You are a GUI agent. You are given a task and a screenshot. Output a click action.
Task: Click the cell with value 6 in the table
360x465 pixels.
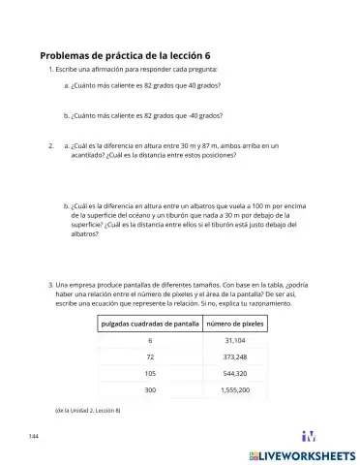tap(150, 341)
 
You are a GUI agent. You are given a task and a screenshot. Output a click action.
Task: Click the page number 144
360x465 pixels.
tap(34, 438)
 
